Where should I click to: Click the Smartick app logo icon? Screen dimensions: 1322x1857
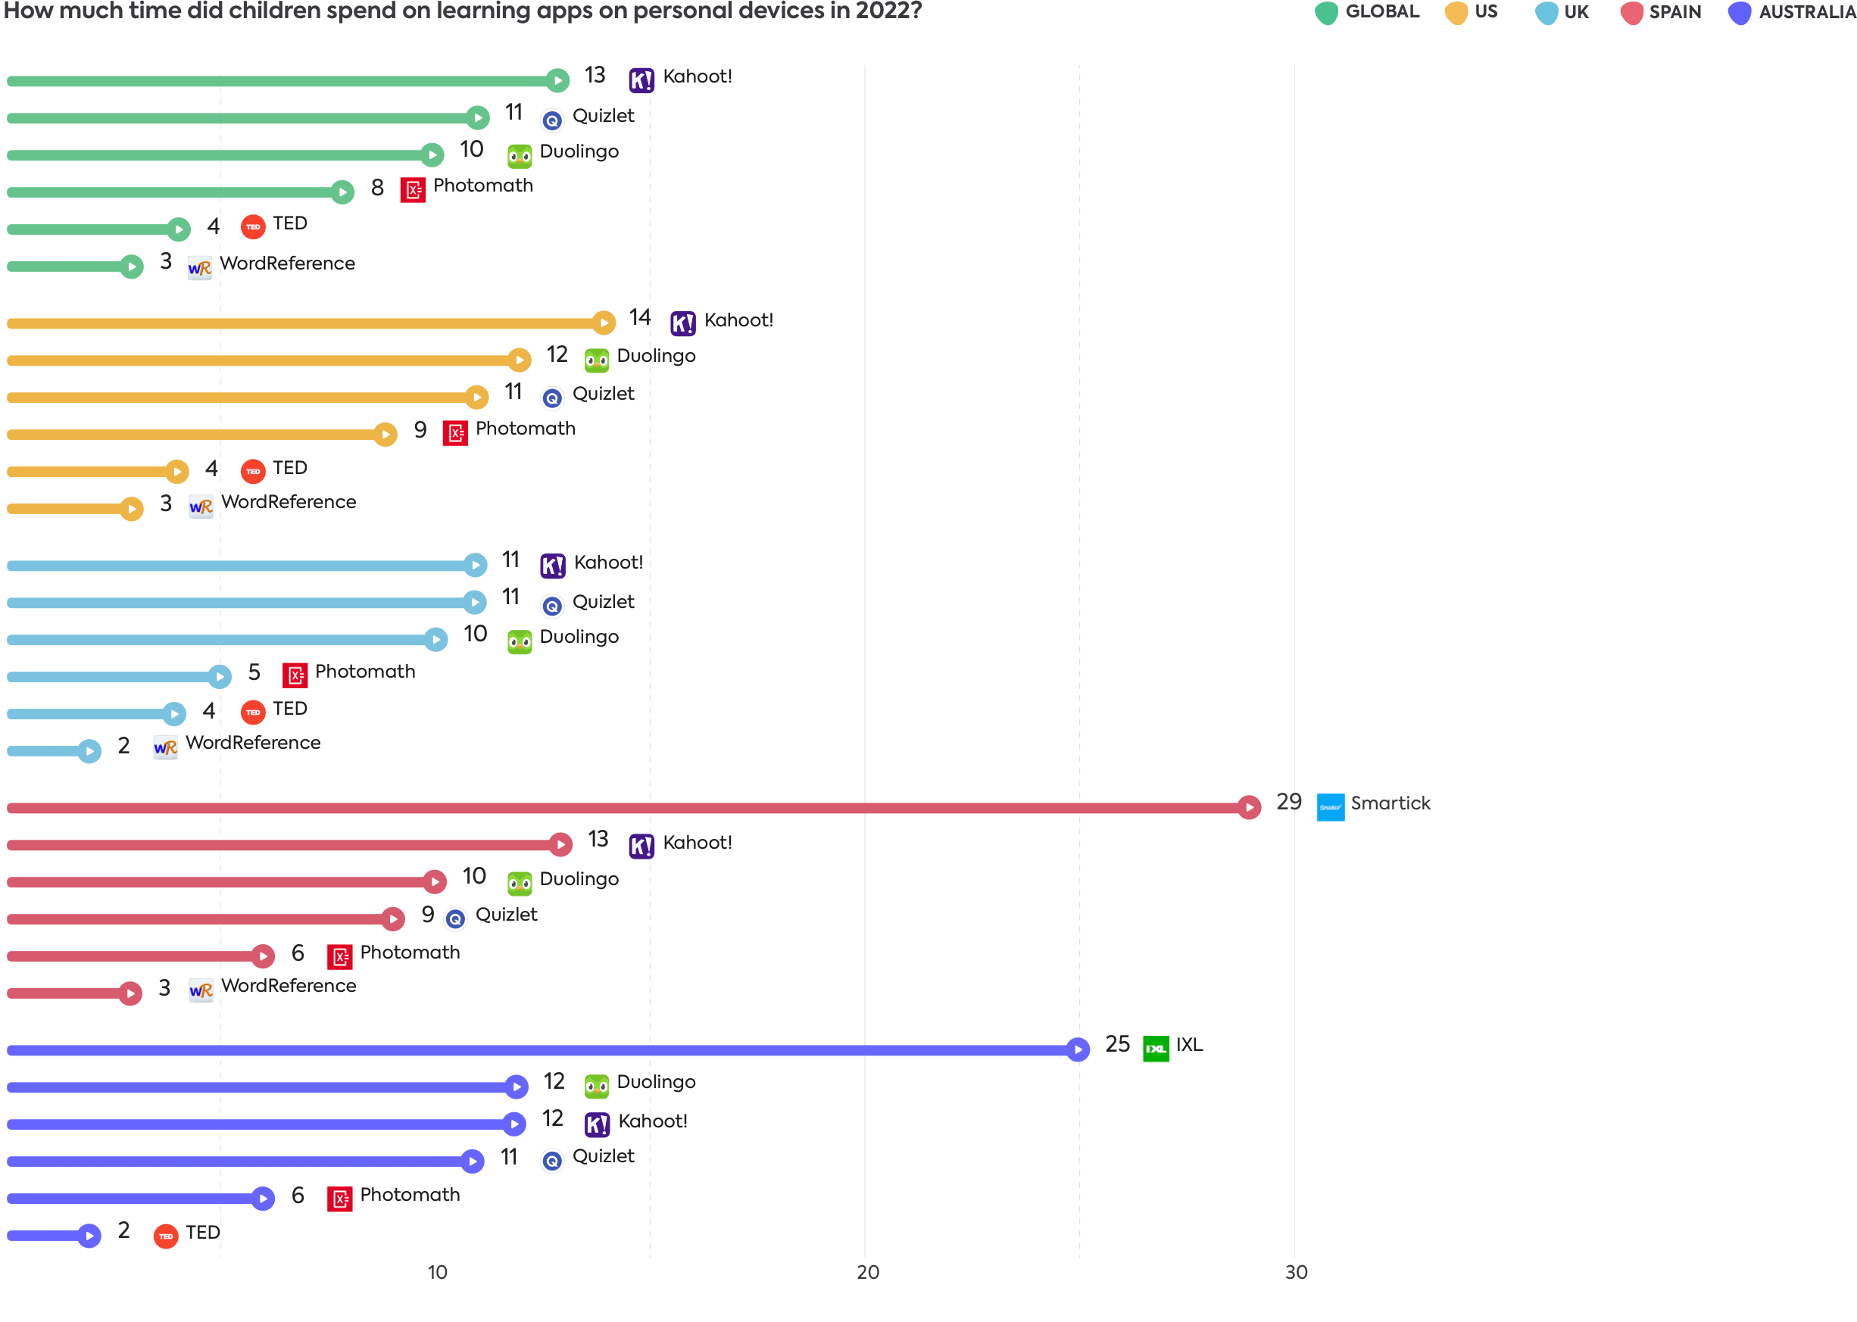pyautogui.click(x=1329, y=806)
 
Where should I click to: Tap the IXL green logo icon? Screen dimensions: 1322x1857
pyautogui.click(x=1155, y=1049)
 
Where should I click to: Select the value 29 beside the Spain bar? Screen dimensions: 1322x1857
pyautogui.click(x=1288, y=801)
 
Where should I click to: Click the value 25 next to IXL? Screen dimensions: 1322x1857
pyautogui.click(x=1116, y=1043)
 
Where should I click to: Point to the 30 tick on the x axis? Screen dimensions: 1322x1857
pyautogui.click(x=1295, y=1271)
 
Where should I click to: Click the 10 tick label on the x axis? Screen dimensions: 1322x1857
pyautogui.click(x=437, y=1271)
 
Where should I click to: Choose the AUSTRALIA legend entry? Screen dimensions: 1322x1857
pyautogui.click(x=1791, y=12)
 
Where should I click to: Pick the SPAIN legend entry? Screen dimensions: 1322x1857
pyautogui.click(x=1661, y=12)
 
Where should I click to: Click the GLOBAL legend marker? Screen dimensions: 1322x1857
pyautogui.click(x=1326, y=13)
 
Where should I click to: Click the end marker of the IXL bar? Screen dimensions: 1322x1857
pyautogui.click(x=1077, y=1049)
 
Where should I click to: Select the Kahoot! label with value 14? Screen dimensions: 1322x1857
pyautogui.click(x=738, y=320)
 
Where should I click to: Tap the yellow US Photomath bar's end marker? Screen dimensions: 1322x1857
pyautogui.click(x=385, y=434)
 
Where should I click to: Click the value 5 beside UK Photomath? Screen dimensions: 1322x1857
pyautogui.click(x=254, y=672)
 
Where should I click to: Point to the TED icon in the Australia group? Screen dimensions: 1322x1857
pyautogui.click(x=166, y=1236)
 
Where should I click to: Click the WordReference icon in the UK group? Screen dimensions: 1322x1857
pyautogui.click(x=165, y=747)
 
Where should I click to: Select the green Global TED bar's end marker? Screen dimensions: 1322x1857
pyautogui.click(x=178, y=229)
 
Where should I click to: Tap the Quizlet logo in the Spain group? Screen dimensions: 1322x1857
pyautogui.click(x=455, y=918)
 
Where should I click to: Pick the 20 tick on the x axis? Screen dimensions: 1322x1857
pyautogui.click(x=868, y=1271)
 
